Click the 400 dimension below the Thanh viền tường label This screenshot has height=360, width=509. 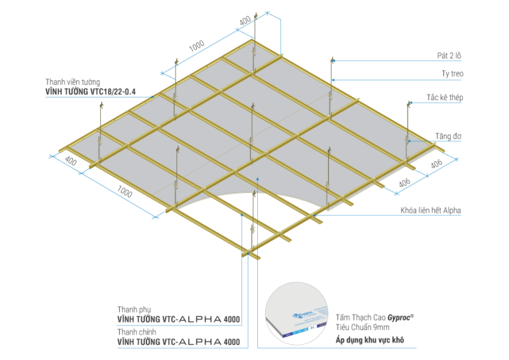[x=70, y=161]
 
